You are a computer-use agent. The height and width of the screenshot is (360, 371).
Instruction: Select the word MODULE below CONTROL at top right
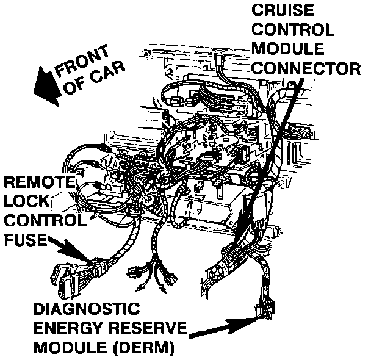click(284, 48)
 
